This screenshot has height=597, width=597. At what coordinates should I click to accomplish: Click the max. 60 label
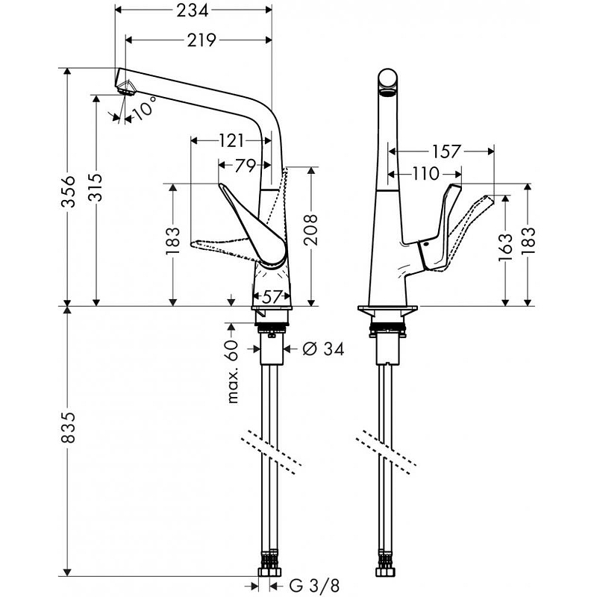tap(234, 371)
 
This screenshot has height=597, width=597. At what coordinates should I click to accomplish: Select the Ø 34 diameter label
tap(324, 348)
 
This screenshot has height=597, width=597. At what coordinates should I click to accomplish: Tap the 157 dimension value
tap(446, 151)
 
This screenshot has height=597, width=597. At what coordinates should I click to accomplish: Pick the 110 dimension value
tap(426, 175)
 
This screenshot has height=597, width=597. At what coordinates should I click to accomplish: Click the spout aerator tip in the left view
tap(125, 88)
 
